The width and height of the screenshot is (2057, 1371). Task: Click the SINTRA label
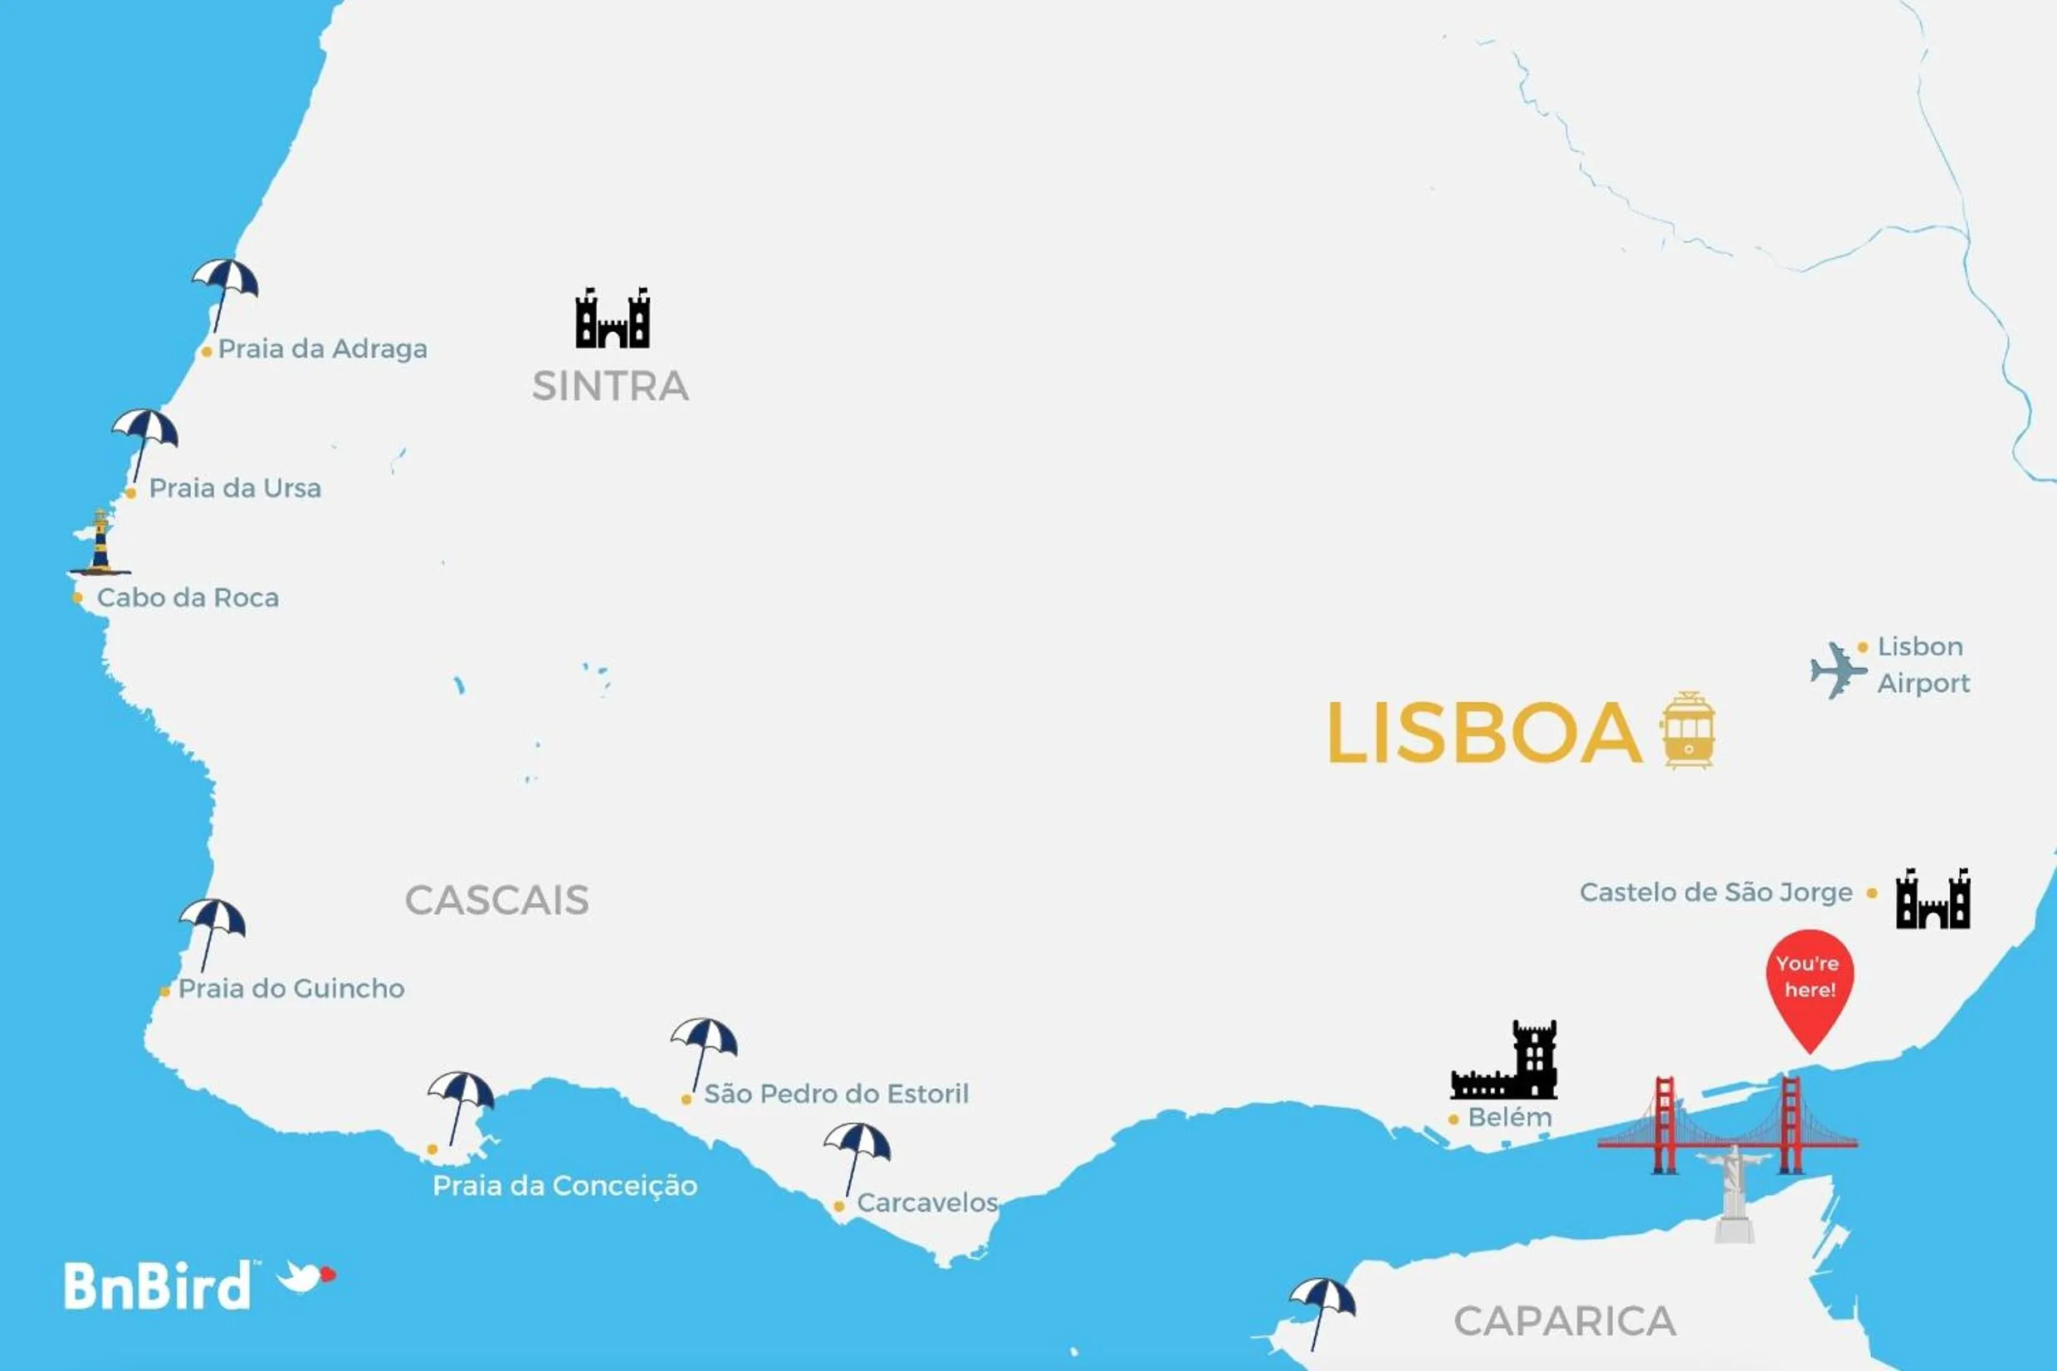click(610, 387)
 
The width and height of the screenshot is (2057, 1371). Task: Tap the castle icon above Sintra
click(613, 319)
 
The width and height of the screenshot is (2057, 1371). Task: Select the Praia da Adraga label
click(322, 349)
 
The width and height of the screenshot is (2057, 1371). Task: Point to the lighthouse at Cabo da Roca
click(100, 542)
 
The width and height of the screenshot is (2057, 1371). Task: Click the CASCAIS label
click(496, 900)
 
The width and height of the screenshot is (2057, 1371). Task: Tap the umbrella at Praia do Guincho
click(212, 925)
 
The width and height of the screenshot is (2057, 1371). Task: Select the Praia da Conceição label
click(565, 1186)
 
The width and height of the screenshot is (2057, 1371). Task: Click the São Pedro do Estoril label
click(836, 1094)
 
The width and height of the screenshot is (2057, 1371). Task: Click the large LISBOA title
click(1484, 733)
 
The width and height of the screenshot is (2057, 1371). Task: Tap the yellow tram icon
click(1688, 731)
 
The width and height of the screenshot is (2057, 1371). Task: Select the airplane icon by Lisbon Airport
click(1838, 671)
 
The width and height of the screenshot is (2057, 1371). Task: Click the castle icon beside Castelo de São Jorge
click(1932, 900)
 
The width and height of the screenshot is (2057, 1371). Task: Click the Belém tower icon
click(1506, 1061)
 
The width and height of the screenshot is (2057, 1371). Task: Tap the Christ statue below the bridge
click(1733, 1194)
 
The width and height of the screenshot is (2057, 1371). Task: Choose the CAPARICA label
click(1565, 1321)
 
